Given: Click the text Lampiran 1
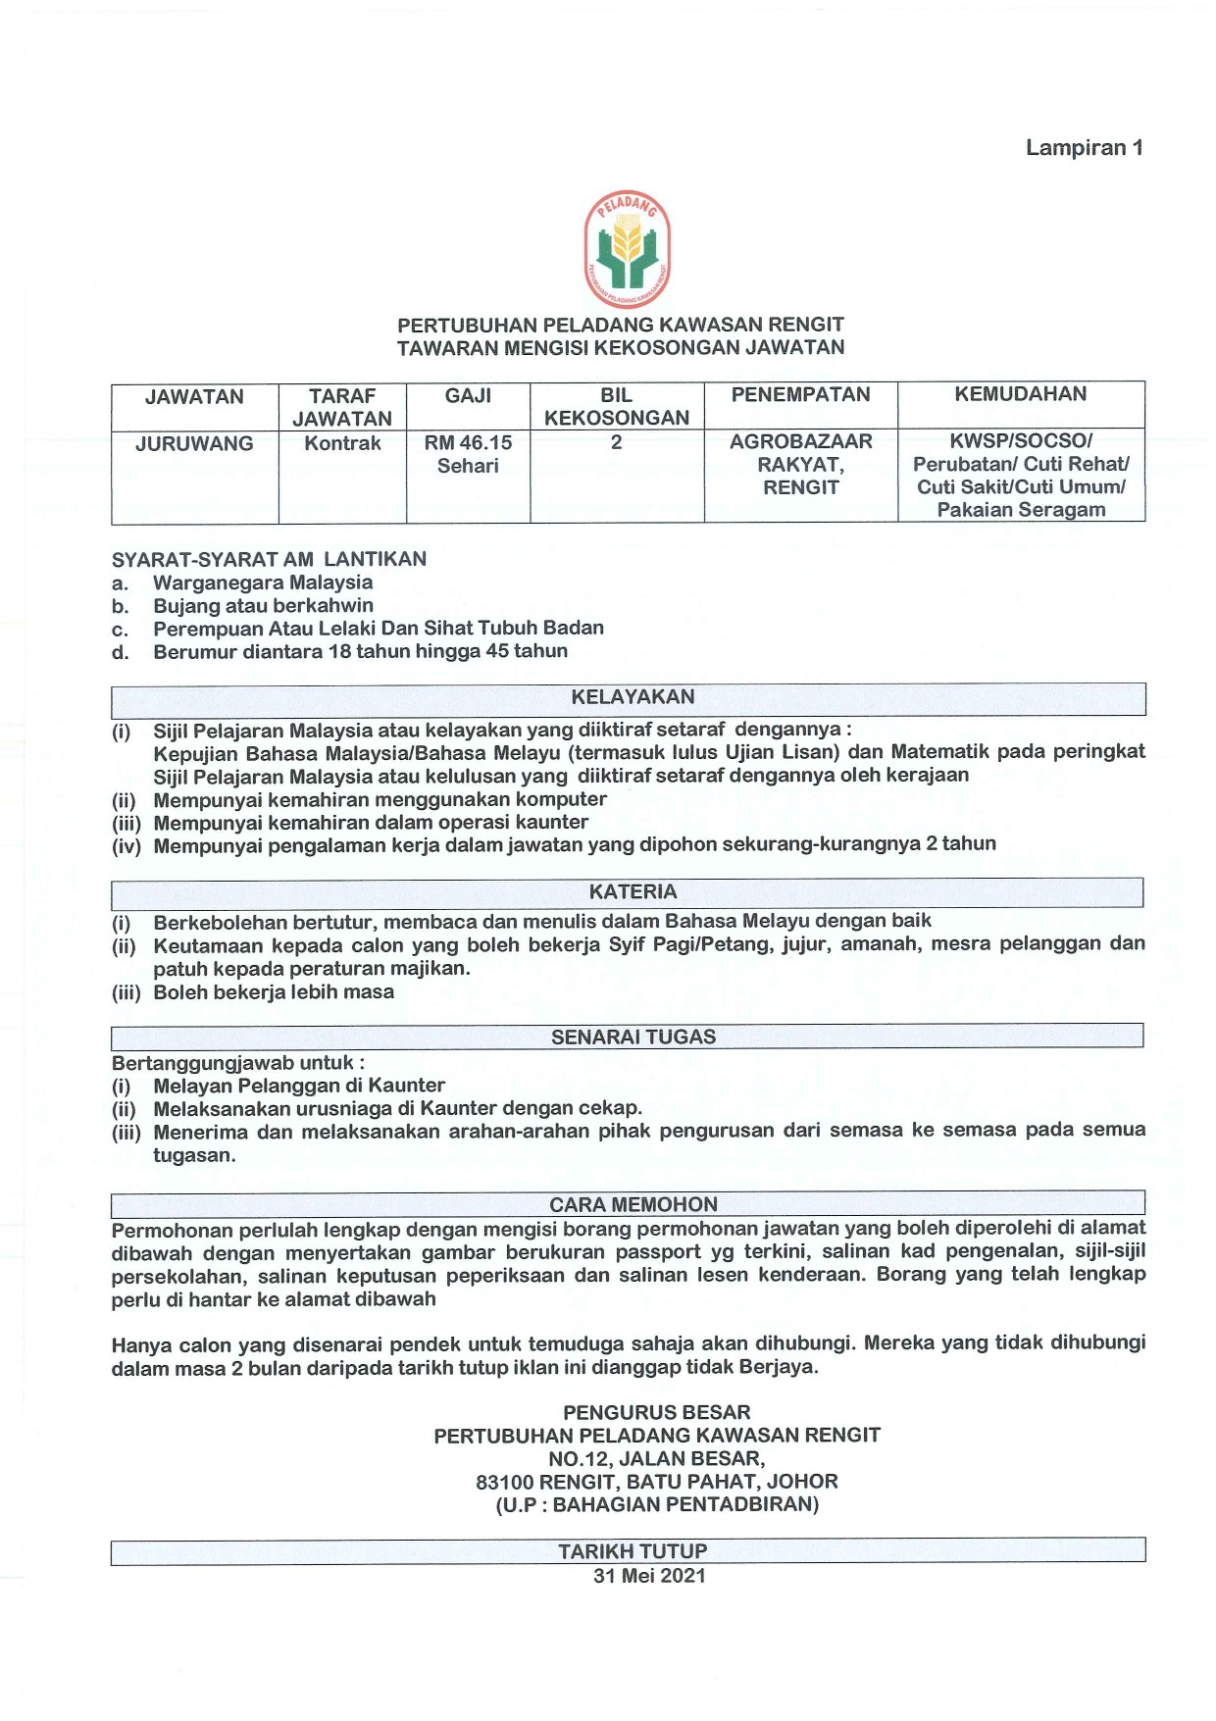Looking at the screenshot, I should (x=1084, y=148).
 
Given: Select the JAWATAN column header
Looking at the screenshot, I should (x=194, y=397).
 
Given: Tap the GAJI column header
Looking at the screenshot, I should (x=468, y=396).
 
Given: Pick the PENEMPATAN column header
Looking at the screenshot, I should (x=800, y=394).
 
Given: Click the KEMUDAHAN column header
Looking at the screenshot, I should (x=1020, y=394).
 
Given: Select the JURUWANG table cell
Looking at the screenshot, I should (x=194, y=444).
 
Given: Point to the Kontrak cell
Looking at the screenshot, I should (x=342, y=443).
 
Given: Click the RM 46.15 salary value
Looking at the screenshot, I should (x=468, y=443).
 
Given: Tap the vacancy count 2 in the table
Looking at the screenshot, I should (x=616, y=442).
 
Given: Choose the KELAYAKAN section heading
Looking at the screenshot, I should (x=633, y=697).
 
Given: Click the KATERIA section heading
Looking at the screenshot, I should (x=633, y=891).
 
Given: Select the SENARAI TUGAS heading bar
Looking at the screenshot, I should (x=633, y=1037).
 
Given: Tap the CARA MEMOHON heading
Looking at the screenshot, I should (x=633, y=1204).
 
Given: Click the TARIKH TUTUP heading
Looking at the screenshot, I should (x=633, y=1551).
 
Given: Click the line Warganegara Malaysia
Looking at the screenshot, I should (x=263, y=582).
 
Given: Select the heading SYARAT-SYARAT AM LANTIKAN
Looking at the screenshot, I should (x=269, y=560).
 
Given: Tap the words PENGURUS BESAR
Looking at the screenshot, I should (x=656, y=1412).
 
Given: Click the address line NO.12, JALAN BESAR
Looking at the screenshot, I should (x=656, y=1458).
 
